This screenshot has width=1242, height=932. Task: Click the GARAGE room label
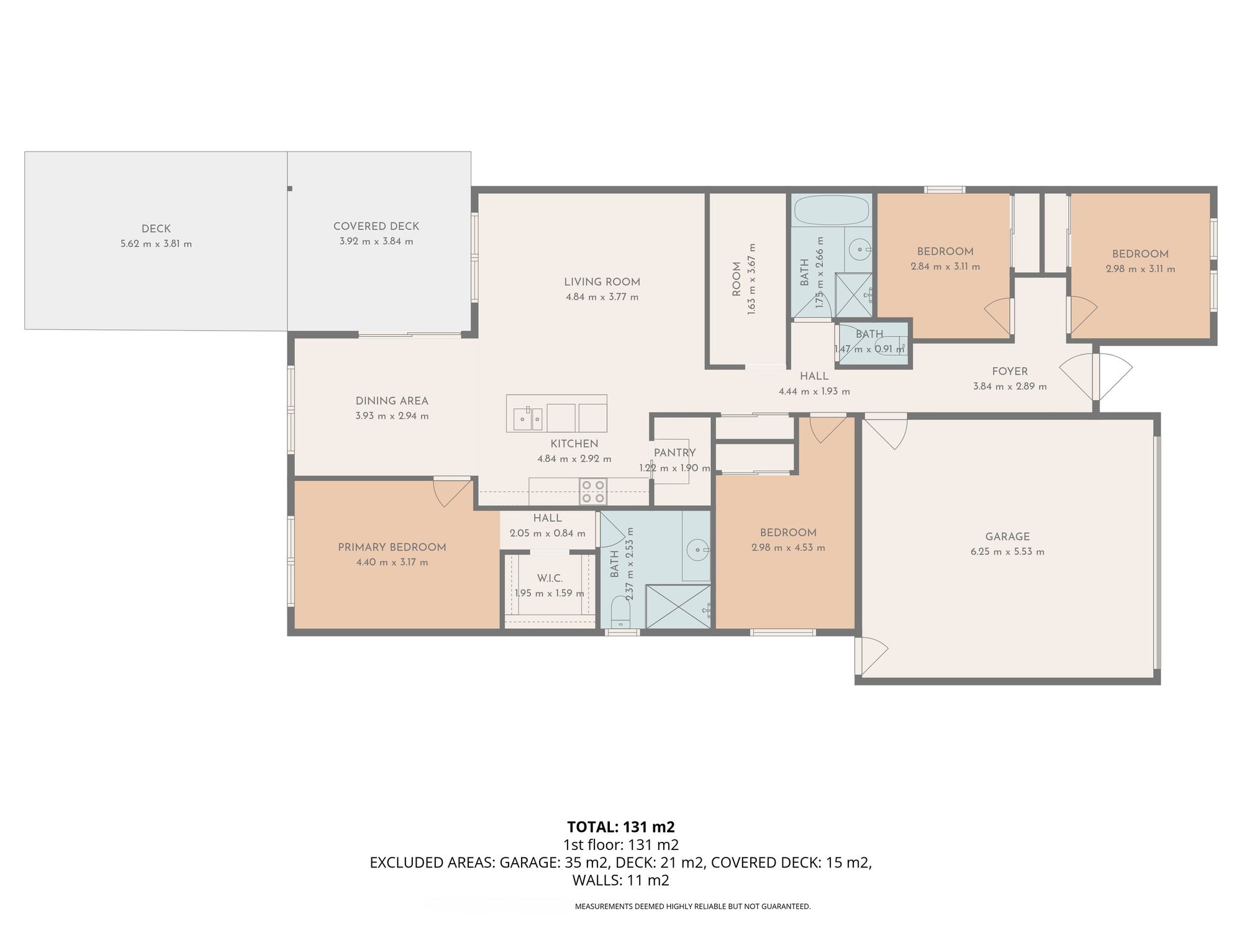pyautogui.click(x=1007, y=537)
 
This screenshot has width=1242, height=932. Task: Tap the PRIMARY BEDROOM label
pyautogui.click(x=392, y=547)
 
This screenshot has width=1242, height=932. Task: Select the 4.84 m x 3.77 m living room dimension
pyautogui.click(x=602, y=297)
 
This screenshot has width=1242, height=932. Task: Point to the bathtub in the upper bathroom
pyautogui.click(x=832, y=210)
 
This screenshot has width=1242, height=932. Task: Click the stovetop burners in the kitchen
pyautogui.click(x=592, y=491)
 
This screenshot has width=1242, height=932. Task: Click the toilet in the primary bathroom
pyautogui.click(x=621, y=612)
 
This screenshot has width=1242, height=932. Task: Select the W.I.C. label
pyautogui.click(x=550, y=578)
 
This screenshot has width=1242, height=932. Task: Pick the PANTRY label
pyautogui.click(x=674, y=453)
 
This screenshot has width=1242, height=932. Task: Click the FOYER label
pyautogui.click(x=1010, y=372)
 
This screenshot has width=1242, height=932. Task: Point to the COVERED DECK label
pyautogui.click(x=376, y=227)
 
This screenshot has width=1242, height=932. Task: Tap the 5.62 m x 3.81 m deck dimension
pyautogui.click(x=156, y=244)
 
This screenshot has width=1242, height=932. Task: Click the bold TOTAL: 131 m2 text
pyautogui.click(x=621, y=827)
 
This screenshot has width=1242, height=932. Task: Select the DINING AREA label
pyautogui.click(x=392, y=401)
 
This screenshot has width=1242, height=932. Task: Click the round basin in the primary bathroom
pyautogui.click(x=699, y=549)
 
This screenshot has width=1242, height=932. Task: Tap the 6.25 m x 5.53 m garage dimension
pyautogui.click(x=1007, y=552)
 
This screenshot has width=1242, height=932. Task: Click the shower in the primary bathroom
pyautogui.click(x=678, y=606)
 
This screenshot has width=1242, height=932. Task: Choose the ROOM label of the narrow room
pyautogui.click(x=737, y=279)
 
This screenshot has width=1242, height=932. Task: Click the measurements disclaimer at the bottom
pyautogui.click(x=692, y=907)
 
